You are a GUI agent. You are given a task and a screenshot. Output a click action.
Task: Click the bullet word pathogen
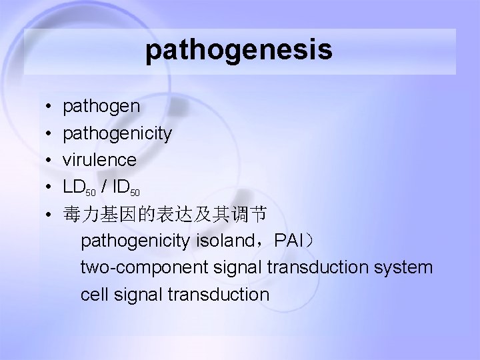101,107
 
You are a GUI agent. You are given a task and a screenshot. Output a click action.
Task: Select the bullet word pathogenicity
117,133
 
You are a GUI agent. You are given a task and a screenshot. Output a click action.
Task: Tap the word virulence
99,160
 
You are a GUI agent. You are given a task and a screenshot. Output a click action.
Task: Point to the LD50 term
80,187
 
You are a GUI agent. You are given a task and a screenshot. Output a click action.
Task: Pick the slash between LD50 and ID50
106,187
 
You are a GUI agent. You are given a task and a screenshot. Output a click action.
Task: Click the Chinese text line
165,214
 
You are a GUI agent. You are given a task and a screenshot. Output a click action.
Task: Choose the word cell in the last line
93,295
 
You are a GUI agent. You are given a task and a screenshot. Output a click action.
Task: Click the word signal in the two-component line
231,268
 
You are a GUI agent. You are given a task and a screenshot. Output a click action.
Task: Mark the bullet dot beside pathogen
50,107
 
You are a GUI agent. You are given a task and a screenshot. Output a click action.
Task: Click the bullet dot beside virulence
50,161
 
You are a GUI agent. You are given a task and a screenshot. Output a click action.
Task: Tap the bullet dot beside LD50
50,188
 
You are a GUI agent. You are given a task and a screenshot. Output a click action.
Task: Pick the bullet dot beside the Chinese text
50,215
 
